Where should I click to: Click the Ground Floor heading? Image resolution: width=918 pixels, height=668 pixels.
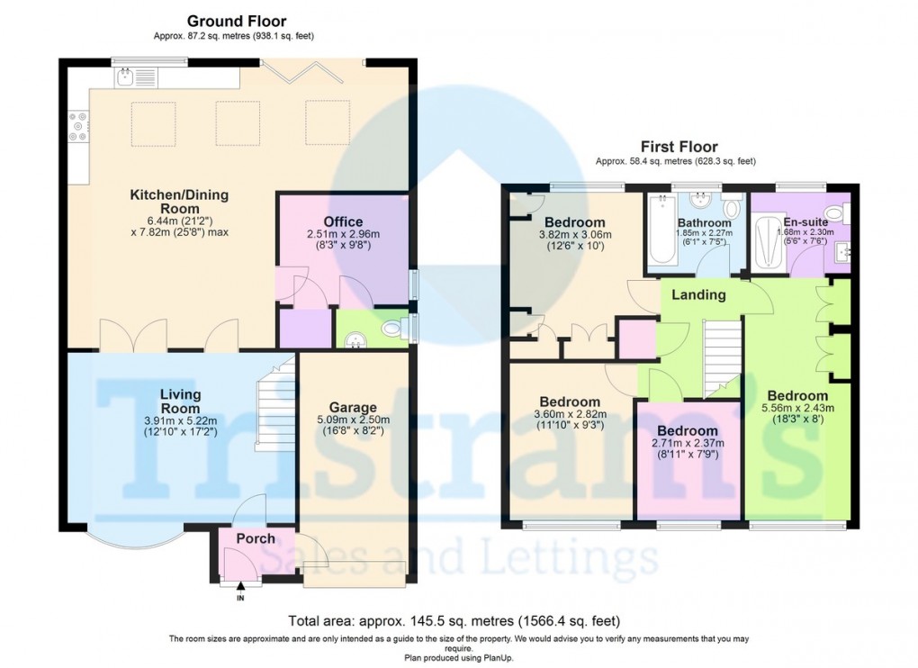click(x=236, y=21)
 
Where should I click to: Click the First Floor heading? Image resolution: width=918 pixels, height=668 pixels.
click(x=679, y=147)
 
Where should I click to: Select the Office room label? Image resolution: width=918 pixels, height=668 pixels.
click(x=343, y=221)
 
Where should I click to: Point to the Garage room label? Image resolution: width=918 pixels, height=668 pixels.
click(x=352, y=407)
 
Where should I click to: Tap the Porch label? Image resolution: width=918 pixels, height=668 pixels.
click(x=256, y=538)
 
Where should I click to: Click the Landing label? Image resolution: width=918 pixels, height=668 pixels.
click(x=698, y=294)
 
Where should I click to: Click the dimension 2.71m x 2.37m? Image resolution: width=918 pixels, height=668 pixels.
click(x=688, y=444)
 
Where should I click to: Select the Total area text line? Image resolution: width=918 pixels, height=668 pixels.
click(x=454, y=621)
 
